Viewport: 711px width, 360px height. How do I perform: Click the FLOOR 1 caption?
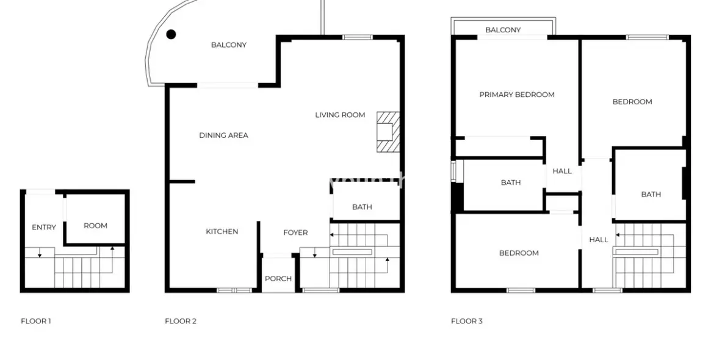coord(36,321)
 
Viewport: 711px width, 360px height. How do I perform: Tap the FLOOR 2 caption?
coord(181,321)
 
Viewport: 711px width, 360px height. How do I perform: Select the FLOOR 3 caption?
coord(467,321)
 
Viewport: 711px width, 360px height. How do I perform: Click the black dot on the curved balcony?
coord(171,34)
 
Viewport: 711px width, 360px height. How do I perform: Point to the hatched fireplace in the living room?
coord(388,131)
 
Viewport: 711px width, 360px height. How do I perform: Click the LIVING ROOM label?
coord(340,115)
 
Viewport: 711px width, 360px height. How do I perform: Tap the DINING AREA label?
coord(223,135)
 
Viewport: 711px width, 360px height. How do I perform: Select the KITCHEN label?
coord(222,232)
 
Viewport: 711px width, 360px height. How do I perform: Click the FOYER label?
coord(295,232)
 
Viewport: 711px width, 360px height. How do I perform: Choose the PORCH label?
coord(278,278)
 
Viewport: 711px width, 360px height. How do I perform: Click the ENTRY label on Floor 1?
coord(44,227)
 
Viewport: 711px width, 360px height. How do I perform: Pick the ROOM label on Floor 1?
coord(95,225)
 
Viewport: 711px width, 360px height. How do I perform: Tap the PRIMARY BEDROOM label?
coord(517,95)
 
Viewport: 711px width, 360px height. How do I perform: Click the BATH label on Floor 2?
coord(362,207)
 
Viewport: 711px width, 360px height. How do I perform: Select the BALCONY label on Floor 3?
coord(503,30)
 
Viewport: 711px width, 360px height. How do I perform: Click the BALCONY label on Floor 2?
coord(229,45)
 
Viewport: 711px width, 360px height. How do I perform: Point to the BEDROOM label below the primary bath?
coord(519,253)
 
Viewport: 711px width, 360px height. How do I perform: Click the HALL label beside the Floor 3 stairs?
coord(599,240)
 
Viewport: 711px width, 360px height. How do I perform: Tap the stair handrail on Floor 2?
coord(352,252)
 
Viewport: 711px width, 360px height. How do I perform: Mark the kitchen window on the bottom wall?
coord(234,290)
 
